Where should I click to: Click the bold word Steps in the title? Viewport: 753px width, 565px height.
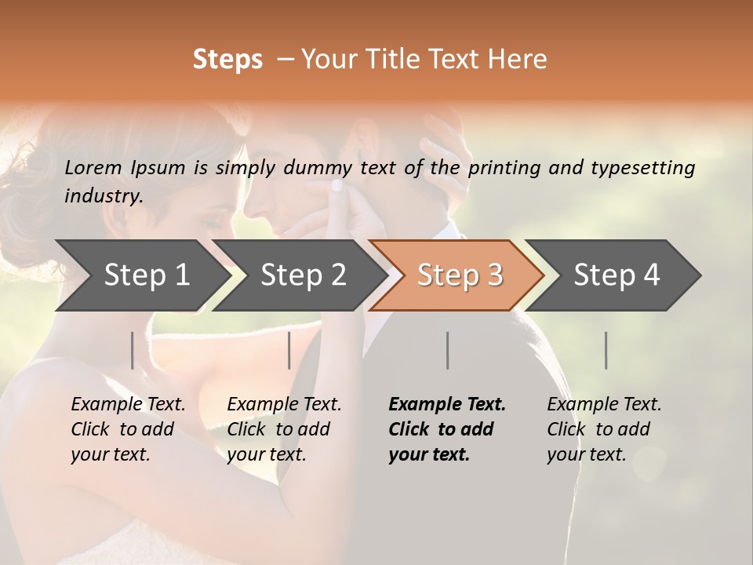(x=227, y=60)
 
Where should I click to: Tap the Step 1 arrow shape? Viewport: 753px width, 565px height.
(x=141, y=275)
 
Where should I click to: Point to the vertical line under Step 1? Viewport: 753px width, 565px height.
(x=132, y=350)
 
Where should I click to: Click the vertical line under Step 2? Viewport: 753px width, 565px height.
(x=289, y=350)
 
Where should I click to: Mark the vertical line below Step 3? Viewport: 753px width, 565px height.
(x=447, y=350)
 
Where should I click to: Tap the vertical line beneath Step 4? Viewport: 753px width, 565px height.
(x=606, y=350)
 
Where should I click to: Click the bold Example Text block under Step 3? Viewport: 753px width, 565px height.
(x=447, y=429)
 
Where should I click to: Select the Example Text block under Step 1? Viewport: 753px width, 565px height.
(x=128, y=429)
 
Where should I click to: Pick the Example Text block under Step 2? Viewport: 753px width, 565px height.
(x=284, y=429)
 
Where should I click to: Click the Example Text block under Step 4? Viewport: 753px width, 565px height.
(x=604, y=429)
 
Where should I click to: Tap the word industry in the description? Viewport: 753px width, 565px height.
(x=102, y=196)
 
